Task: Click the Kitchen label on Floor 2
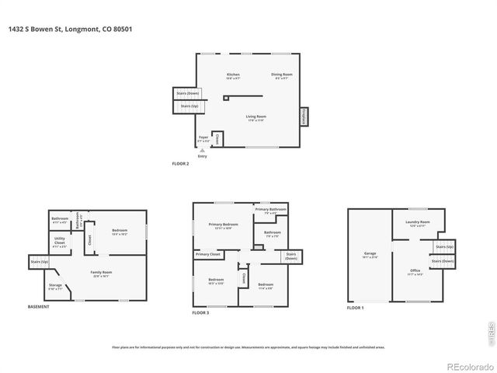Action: point(233,75)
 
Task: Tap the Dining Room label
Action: point(280,75)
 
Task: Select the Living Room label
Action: point(255,117)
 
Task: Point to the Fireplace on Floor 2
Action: point(303,117)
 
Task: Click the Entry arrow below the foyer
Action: point(202,152)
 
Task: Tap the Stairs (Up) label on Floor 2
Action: point(189,106)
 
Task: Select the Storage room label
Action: point(56,287)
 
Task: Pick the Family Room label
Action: point(102,273)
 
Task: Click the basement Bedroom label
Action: point(119,231)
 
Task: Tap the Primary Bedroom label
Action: point(223,225)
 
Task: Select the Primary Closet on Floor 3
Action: point(207,254)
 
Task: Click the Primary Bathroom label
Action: point(271,210)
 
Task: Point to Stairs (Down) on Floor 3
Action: point(290,256)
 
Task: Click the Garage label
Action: point(370,254)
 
